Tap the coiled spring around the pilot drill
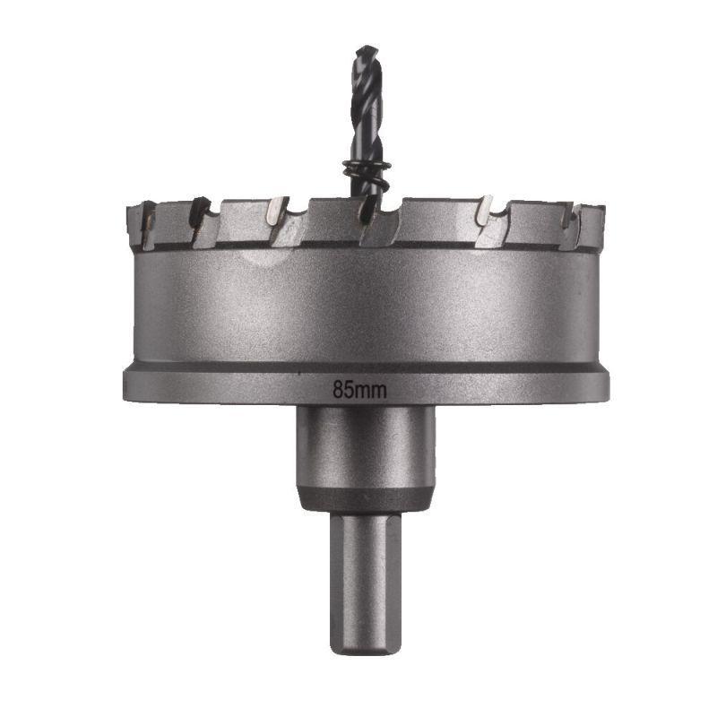(x=366, y=169)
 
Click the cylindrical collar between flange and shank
(x=365, y=448)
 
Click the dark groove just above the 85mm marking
(x=366, y=367)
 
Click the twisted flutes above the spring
(x=367, y=108)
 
